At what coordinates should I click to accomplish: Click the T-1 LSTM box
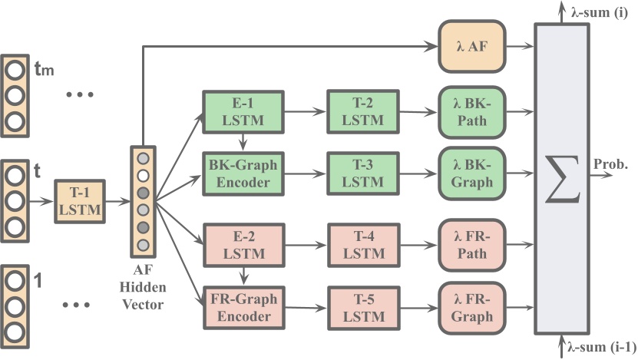pos(79,201)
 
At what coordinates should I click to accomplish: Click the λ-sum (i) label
pos(600,12)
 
